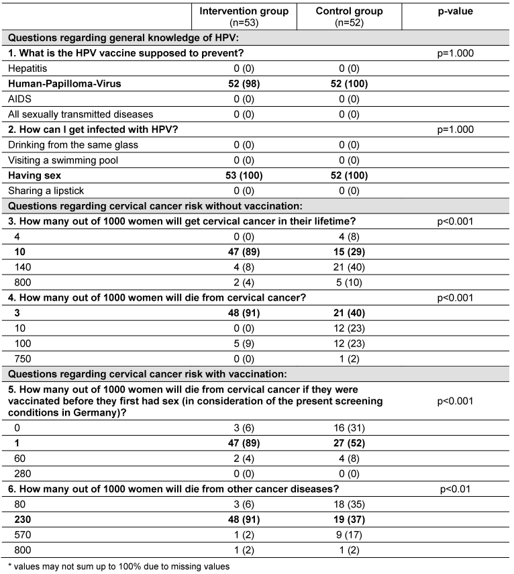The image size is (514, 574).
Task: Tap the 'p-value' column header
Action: pos(456,11)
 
